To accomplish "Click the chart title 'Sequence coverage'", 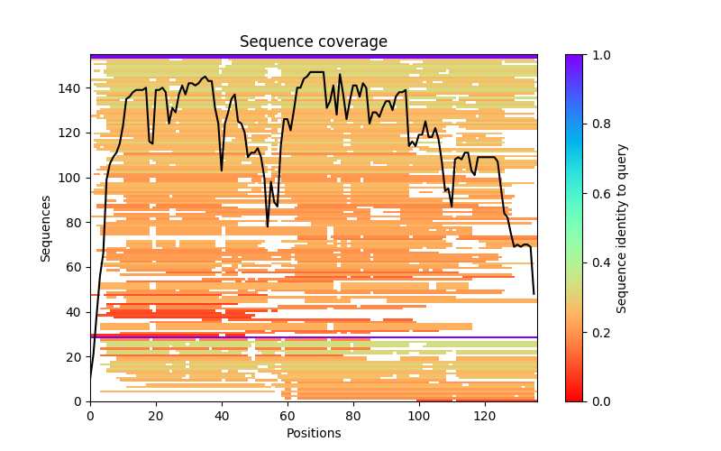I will (x=313, y=42).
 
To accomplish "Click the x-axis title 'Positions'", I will (x=313, y=433).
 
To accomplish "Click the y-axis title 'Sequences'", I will (x=46, y=228).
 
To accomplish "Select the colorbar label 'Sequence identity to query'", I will (x=622, y=228).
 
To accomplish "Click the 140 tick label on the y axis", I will (x=72, y=88).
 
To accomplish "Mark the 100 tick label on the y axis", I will (x=72, y=178).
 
